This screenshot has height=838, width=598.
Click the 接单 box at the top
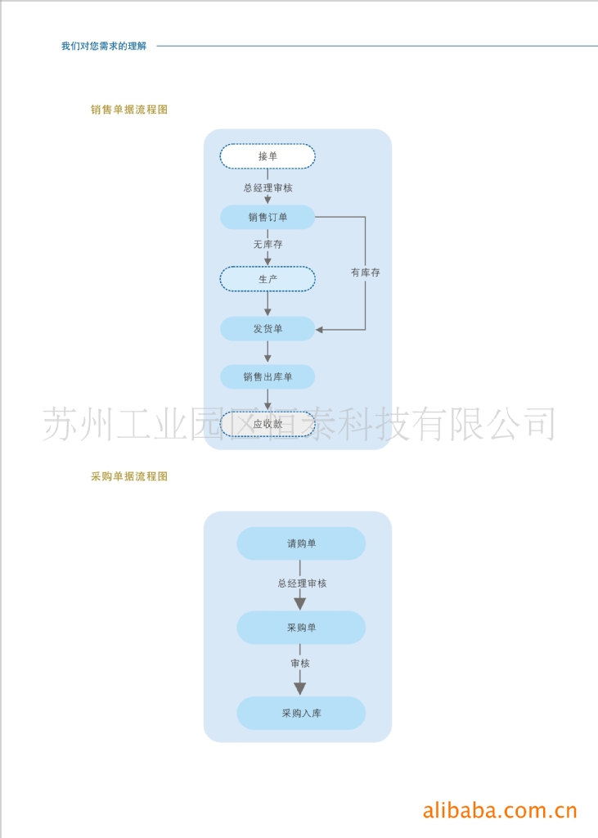coord(268,156)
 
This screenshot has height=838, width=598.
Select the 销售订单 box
coord(268,217)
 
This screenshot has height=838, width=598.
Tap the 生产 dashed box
coord(268,279)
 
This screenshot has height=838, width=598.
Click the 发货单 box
coord(268,329)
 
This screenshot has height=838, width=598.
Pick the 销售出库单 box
coord(268,377)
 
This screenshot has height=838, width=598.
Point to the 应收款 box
coord(268,424)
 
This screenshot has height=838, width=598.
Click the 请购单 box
coord(301,543)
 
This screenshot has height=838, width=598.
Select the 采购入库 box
coord(301,713)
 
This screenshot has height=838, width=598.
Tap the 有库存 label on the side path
coord(365,273)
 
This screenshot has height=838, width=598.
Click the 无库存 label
coord(268,244)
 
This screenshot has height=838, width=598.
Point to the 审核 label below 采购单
coord(300,663)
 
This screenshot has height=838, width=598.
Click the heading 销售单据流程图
coord(129,109)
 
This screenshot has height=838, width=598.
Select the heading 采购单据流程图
coord(129,475)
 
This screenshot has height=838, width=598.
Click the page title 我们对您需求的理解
coord(104,47)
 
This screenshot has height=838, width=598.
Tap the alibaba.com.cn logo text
coord(500,810)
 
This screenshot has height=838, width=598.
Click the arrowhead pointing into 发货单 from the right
coord(321,330)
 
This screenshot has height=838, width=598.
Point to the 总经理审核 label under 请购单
coord(302,583)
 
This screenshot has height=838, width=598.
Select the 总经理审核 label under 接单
coord(268,187)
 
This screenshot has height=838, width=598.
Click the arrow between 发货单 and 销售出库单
coord(268,353)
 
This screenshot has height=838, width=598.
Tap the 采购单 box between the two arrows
coord(301,628)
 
